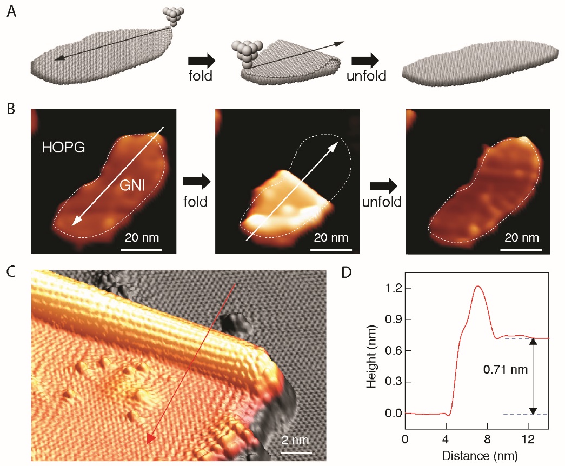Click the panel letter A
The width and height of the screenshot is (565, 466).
(x=11, y=11)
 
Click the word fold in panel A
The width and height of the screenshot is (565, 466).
(x=200, y=75)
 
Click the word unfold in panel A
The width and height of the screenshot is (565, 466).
(x=367, y=75)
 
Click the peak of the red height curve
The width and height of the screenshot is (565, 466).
(x=477, y=286)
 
